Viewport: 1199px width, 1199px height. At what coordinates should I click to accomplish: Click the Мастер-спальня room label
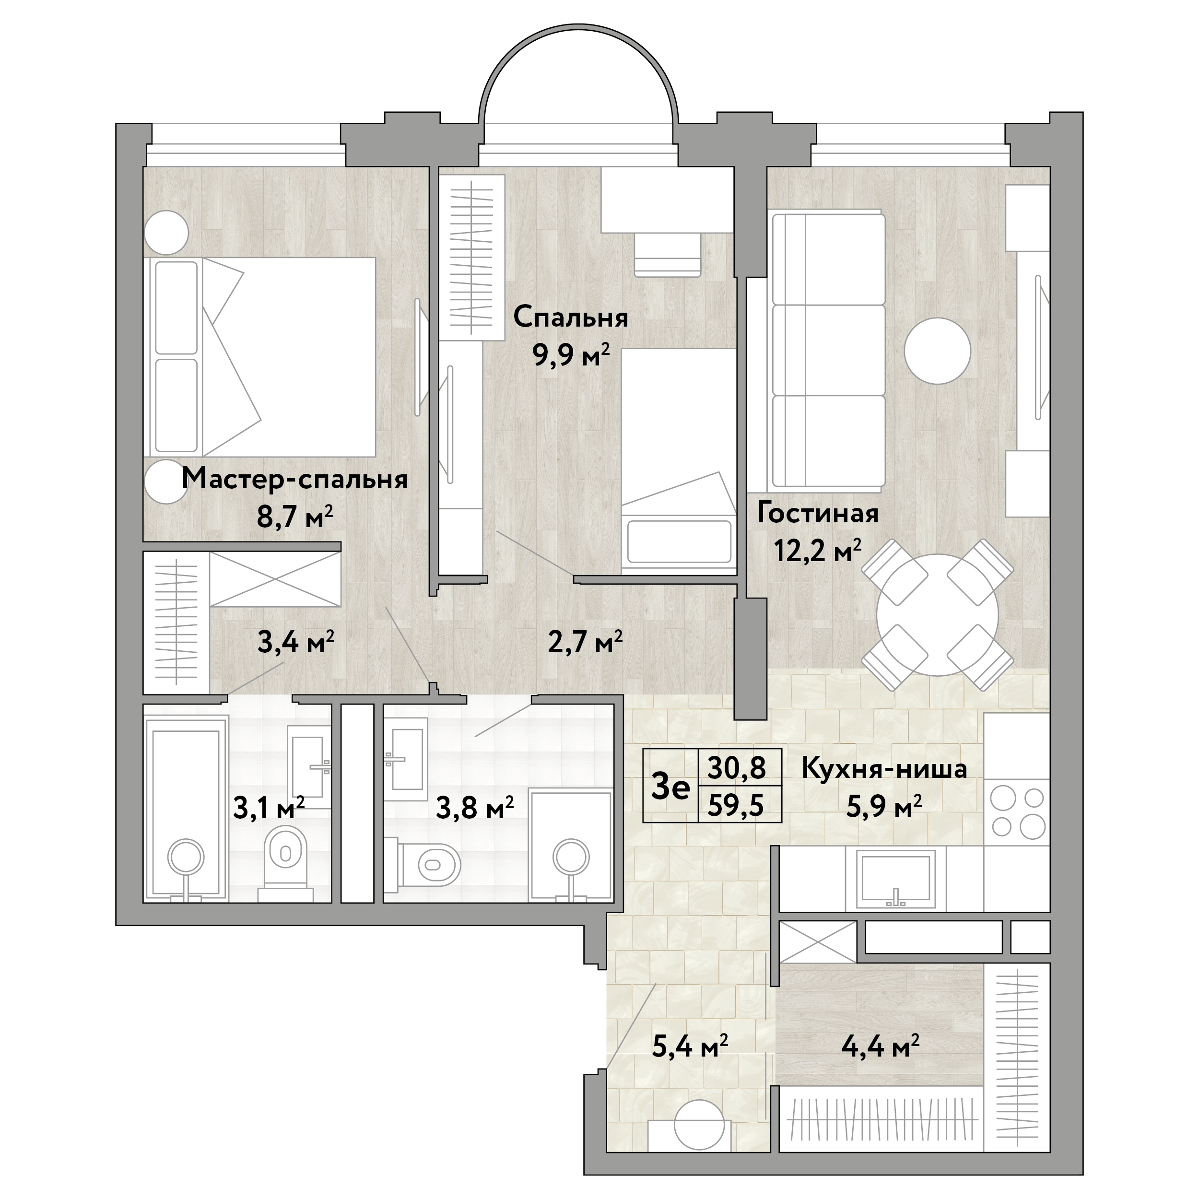pyautogui.click(x=295, y=480)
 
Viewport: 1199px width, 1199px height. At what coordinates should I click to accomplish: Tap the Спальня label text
pyautogui.click(x=570, y=318)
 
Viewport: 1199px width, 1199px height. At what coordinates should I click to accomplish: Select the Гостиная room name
pyautogui.click(x=818, y=513)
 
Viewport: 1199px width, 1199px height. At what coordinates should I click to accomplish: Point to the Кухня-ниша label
pyautogui.click(x=884, y=768)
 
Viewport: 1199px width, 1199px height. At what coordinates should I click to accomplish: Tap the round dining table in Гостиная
pyautogui.click(x=938, y=614)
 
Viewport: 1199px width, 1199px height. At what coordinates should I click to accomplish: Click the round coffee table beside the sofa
pyautogui.click(x=937, y=351)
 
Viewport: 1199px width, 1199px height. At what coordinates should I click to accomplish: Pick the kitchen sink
pyautogui.click(x=895, y=878)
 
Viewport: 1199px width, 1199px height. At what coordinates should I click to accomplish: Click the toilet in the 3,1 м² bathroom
pyautogui.click(x=285, y=865)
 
